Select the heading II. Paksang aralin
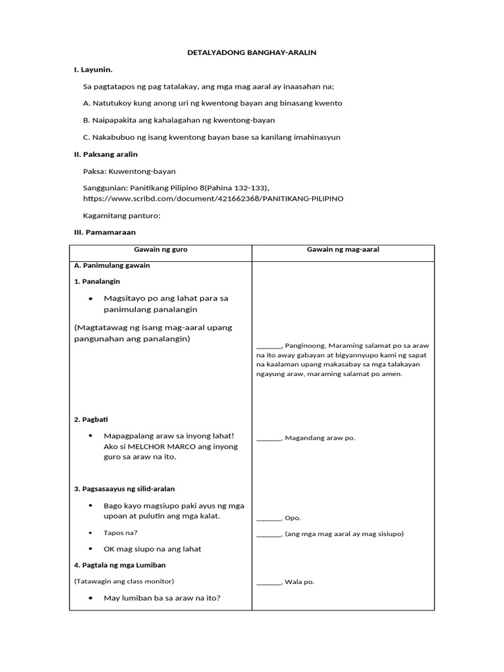click(106, 154)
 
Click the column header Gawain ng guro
click(161, 250)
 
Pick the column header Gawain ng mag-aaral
click(343, 250)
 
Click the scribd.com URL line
click(213, 198)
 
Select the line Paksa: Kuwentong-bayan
click(129, 171)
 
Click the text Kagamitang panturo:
click(121, 215)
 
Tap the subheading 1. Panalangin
click(97, 281)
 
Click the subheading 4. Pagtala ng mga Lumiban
click(119, 565)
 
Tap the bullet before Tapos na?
click(90, 533)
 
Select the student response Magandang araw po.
click(320, 438)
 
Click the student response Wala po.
click(299, 581)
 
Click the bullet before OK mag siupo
click(90, 549)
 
